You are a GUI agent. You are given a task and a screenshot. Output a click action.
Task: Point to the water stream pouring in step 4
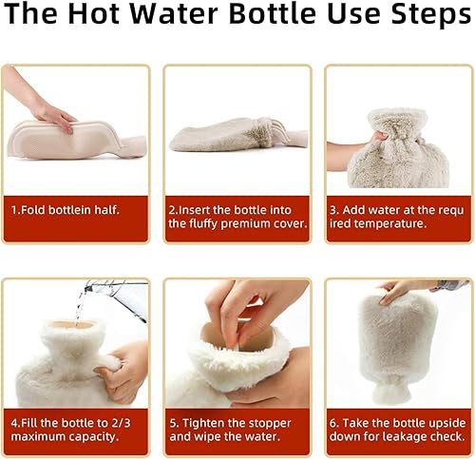(80, 304)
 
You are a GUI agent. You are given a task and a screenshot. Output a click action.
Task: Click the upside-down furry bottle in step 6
(397, 347)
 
